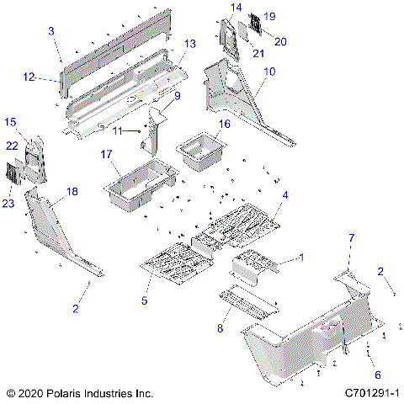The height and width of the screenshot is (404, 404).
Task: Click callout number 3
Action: tap(51, 30)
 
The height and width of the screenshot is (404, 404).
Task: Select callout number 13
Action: tap(189, 43)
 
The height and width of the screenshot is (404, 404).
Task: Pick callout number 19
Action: tap(269, 16)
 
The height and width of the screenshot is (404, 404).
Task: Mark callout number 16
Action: tap(224, 124)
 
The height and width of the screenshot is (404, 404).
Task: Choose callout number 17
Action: tap(107, 154)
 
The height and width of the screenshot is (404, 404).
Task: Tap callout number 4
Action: tap(286, 195)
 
